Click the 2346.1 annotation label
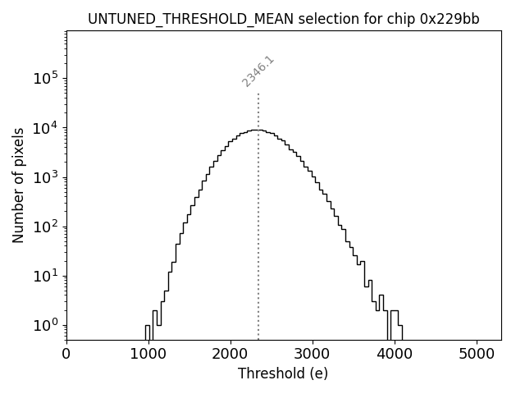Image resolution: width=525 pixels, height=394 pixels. [258, 71]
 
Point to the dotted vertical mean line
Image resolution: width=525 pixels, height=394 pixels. [258, 246]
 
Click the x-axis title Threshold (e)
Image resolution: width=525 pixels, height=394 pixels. [283, 373]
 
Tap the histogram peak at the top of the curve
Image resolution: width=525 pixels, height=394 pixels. [257, 130]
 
